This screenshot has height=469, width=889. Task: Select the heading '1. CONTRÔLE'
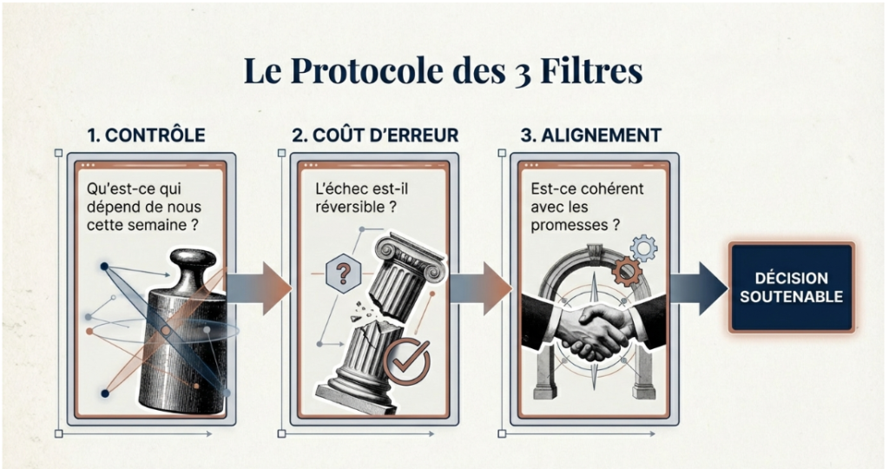(x=146, y=135)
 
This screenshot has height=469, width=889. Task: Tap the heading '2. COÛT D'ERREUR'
(x=374, y=135)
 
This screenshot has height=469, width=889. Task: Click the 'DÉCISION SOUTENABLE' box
(x=791, y=287)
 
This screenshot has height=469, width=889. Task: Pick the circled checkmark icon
(x=405, y=360)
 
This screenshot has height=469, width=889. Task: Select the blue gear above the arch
(x=643, y=248)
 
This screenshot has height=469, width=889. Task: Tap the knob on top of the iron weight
(x=192, y=261)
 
